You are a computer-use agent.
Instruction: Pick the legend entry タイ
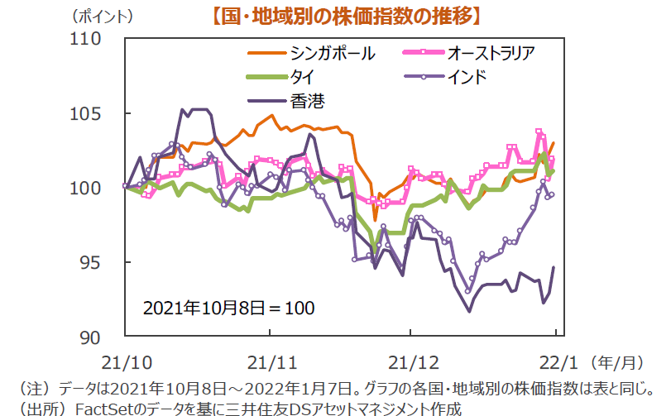point(300,78)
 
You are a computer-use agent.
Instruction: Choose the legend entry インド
point(467,78)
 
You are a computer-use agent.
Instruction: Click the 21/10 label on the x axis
point(125,361)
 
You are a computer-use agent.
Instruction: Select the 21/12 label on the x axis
point(411,361)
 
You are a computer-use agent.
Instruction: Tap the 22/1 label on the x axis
point(554,361)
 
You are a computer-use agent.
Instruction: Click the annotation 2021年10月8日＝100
point(228,308)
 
